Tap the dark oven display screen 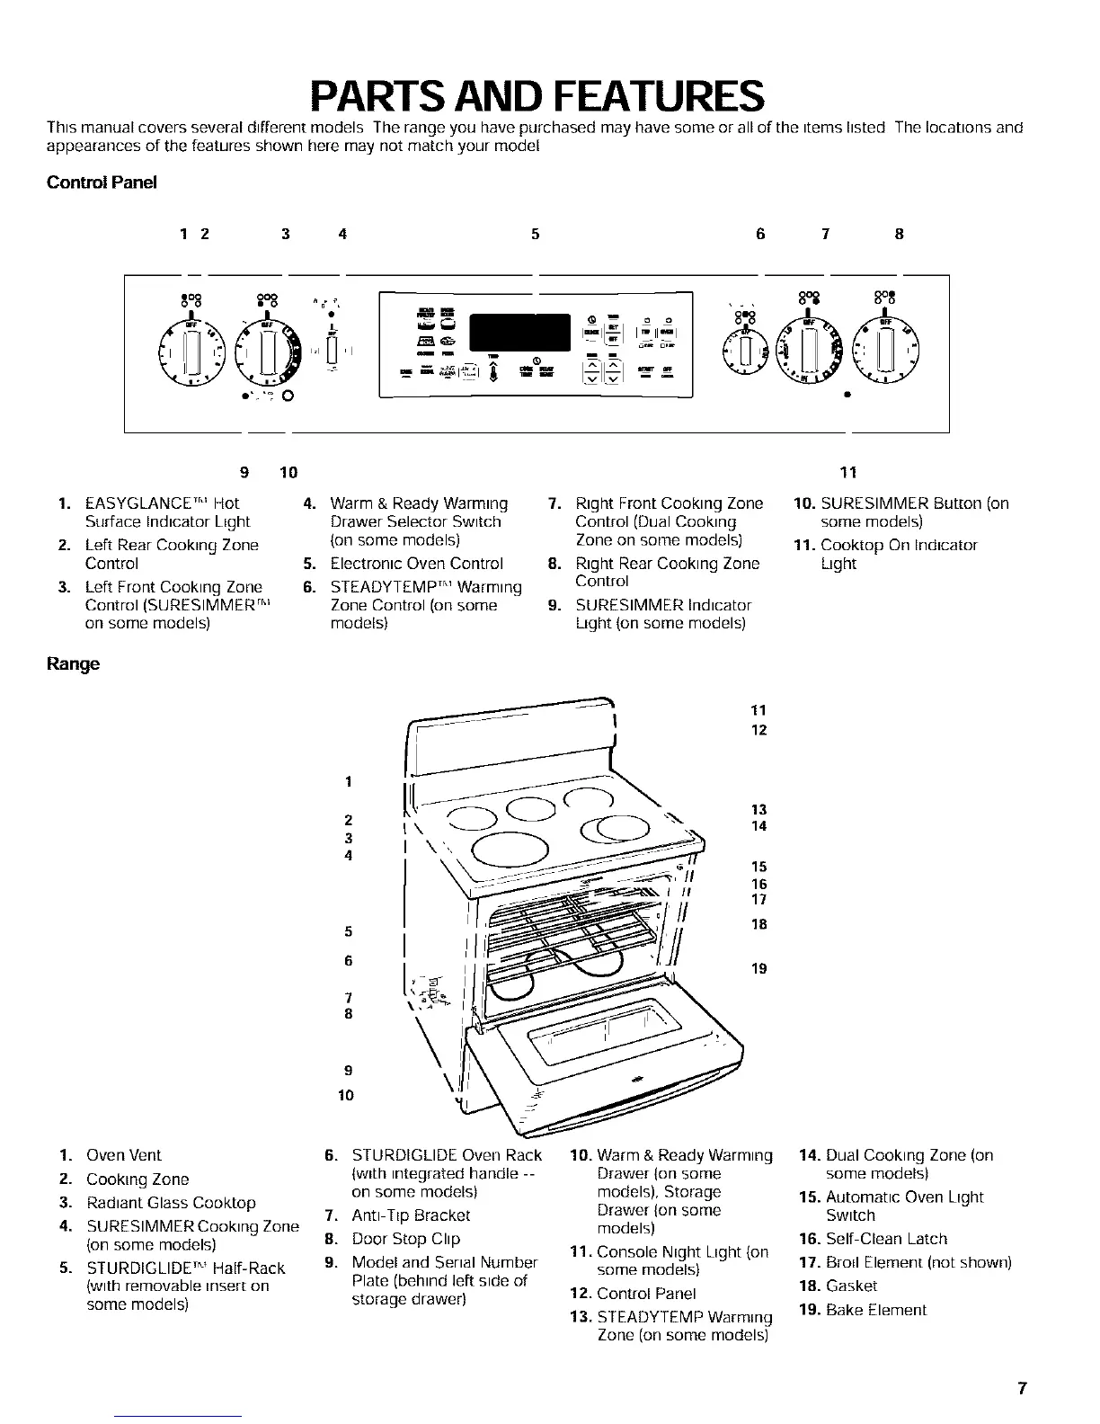(x=521, y=335)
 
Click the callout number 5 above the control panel (x=535, y=235)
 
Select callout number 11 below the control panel (x=847, y=472)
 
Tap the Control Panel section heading (x=102, y=182)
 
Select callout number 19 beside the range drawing (x=759, y=968)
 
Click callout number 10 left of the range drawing (x=346, y=1094)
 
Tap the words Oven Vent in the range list (x=123, y=1155)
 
